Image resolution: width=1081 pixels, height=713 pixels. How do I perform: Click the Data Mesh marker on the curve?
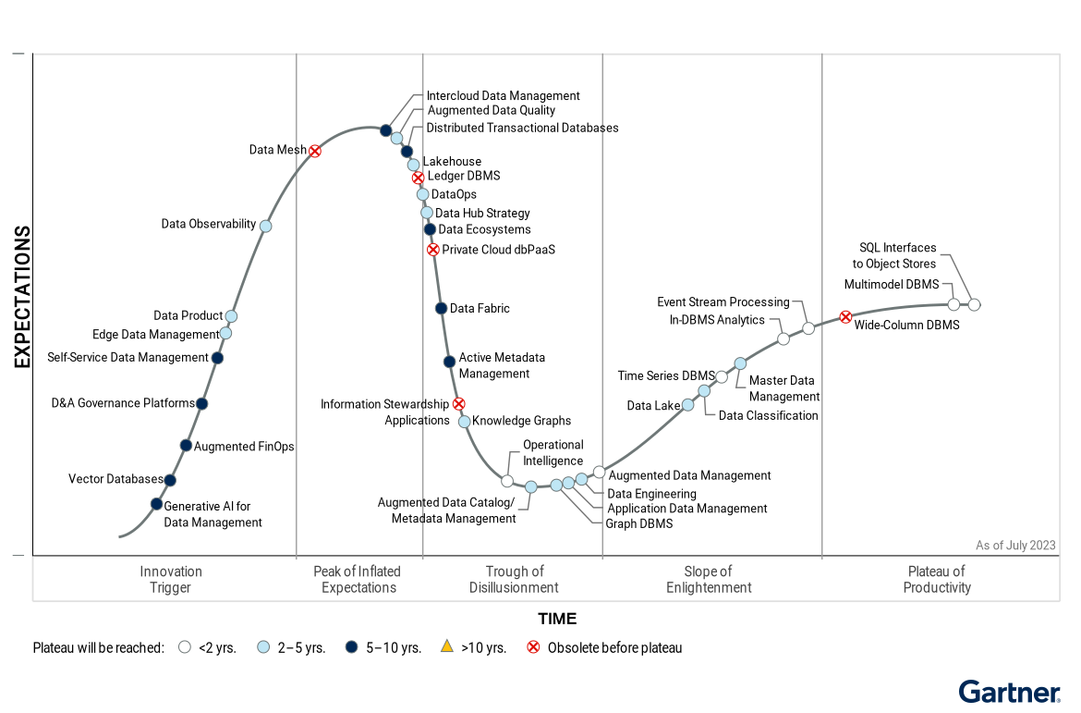tap(315, 151)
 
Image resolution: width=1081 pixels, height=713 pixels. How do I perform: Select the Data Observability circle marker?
tap(266, 226)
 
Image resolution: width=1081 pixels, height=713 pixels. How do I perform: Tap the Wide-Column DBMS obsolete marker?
tap(845, 317)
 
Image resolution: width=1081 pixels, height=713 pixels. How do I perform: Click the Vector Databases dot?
tap(170, 480)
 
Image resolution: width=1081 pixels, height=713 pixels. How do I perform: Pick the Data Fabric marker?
tap(442, 308)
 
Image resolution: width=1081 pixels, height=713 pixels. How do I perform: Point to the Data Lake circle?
tap(687, 405)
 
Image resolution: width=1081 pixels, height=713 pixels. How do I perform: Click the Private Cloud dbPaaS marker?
tap(432, 249)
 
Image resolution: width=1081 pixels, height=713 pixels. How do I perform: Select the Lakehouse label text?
tap(452, 162)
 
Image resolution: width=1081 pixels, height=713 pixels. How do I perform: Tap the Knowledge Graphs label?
tap(521, 421)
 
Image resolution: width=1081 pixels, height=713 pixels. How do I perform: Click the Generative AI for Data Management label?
tap(213, 514)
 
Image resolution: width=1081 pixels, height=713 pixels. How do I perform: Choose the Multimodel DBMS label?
tap(891, 284)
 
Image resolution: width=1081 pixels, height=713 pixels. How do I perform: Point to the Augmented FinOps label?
tap(244, 447)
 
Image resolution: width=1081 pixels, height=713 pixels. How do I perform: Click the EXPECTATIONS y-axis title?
tap(22, 297)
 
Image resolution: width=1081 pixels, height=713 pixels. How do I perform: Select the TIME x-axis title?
tap(557, 619)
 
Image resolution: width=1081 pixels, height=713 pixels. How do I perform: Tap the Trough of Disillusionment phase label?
tap(514, 579)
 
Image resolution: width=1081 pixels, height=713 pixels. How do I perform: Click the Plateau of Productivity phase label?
tap(937, 579)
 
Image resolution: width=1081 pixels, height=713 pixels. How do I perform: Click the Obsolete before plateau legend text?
tap(614, 648)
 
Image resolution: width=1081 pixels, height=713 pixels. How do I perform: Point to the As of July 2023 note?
tap(1015, 546)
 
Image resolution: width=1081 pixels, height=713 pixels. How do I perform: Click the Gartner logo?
tap(1009, 692)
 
